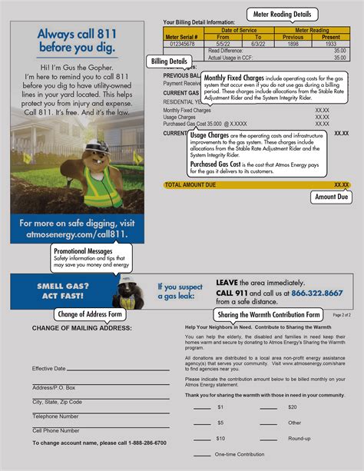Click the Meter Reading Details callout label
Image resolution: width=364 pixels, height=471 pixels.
[282, 14]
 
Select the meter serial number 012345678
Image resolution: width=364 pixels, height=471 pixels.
[182, 43]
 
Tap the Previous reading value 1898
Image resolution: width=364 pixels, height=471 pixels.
[293, 43]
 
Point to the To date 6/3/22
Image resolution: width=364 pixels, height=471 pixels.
[258, 43]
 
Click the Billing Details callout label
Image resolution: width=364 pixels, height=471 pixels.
[168, 61]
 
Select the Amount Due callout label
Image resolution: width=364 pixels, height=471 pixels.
[332, 197]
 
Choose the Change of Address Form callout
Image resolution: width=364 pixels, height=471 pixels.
[91, 313]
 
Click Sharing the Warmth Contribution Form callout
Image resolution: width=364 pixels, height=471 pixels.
[269, 314]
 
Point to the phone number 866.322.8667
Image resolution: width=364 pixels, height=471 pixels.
[316, 293]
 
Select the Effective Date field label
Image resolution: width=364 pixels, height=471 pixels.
[49, 368]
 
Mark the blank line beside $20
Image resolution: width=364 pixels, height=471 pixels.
[268, 407]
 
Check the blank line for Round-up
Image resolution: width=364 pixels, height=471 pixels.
[268, 439]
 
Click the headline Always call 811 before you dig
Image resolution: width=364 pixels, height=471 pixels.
[78, 41]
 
